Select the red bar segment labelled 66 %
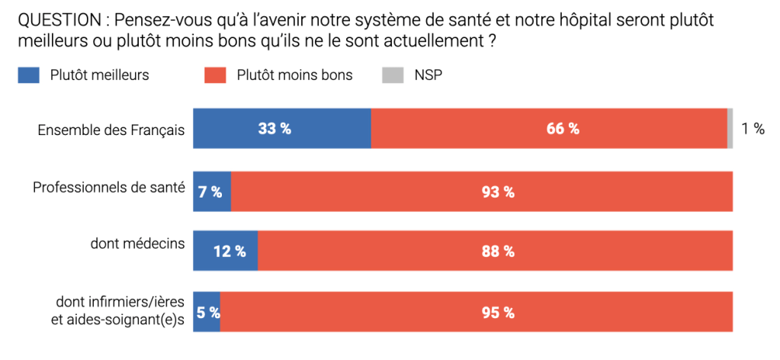click(x=549, y=128)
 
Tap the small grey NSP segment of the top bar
click(x=730, y=128)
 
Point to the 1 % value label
click(x=753, y=129)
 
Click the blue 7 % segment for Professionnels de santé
click(x=212, y=191)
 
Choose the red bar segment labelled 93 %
click(x=482, y=191)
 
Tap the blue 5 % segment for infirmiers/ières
click(x=206, y=312)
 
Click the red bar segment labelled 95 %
click(x=477, y=312)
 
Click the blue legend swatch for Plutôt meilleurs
click(x=29, y=75)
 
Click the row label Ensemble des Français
click(x=111, y=130)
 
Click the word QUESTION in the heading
click(x=56, y=18)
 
